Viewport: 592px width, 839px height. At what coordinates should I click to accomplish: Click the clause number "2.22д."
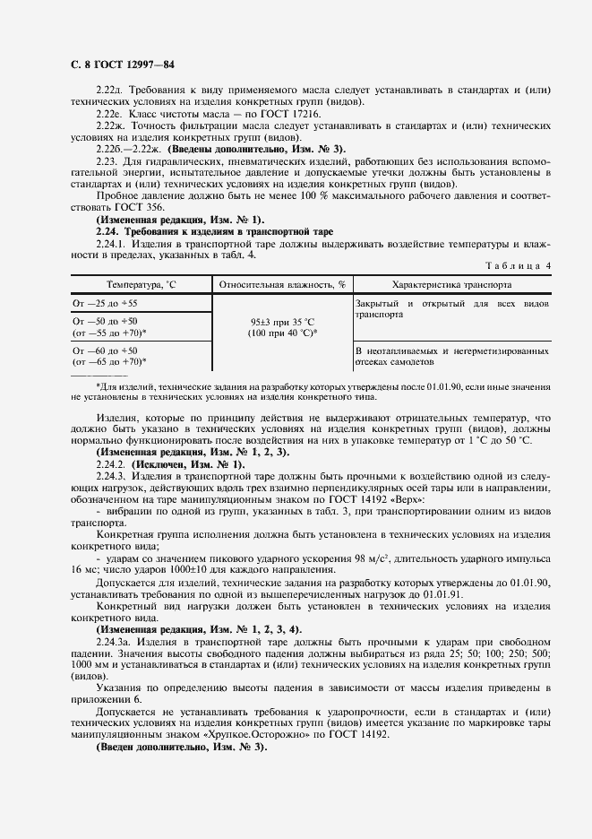[112, 91]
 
